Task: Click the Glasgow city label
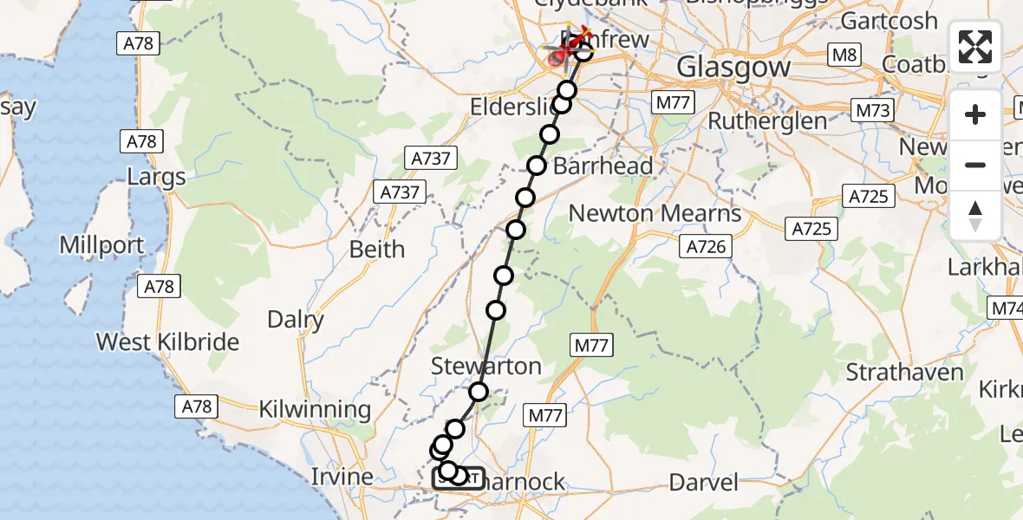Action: (733, 67)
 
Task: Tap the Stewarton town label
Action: (486, 366)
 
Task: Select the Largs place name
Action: (156, 178)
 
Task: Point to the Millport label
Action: (101, 245)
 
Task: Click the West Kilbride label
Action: (167, 341)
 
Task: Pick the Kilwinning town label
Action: (316, 409)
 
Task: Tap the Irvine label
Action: (342, 476)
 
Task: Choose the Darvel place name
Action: (704, 482)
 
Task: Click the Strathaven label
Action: (904, 373)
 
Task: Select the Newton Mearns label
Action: (655, 213)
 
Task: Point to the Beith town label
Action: (376, 249)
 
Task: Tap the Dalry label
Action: (296, 319)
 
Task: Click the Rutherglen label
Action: (768, 120)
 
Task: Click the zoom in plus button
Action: (975, 114)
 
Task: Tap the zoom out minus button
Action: (975, 165)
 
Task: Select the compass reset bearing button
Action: (975, 215)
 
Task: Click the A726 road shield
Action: (705, 247)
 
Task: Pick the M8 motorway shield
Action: (844, 55)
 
